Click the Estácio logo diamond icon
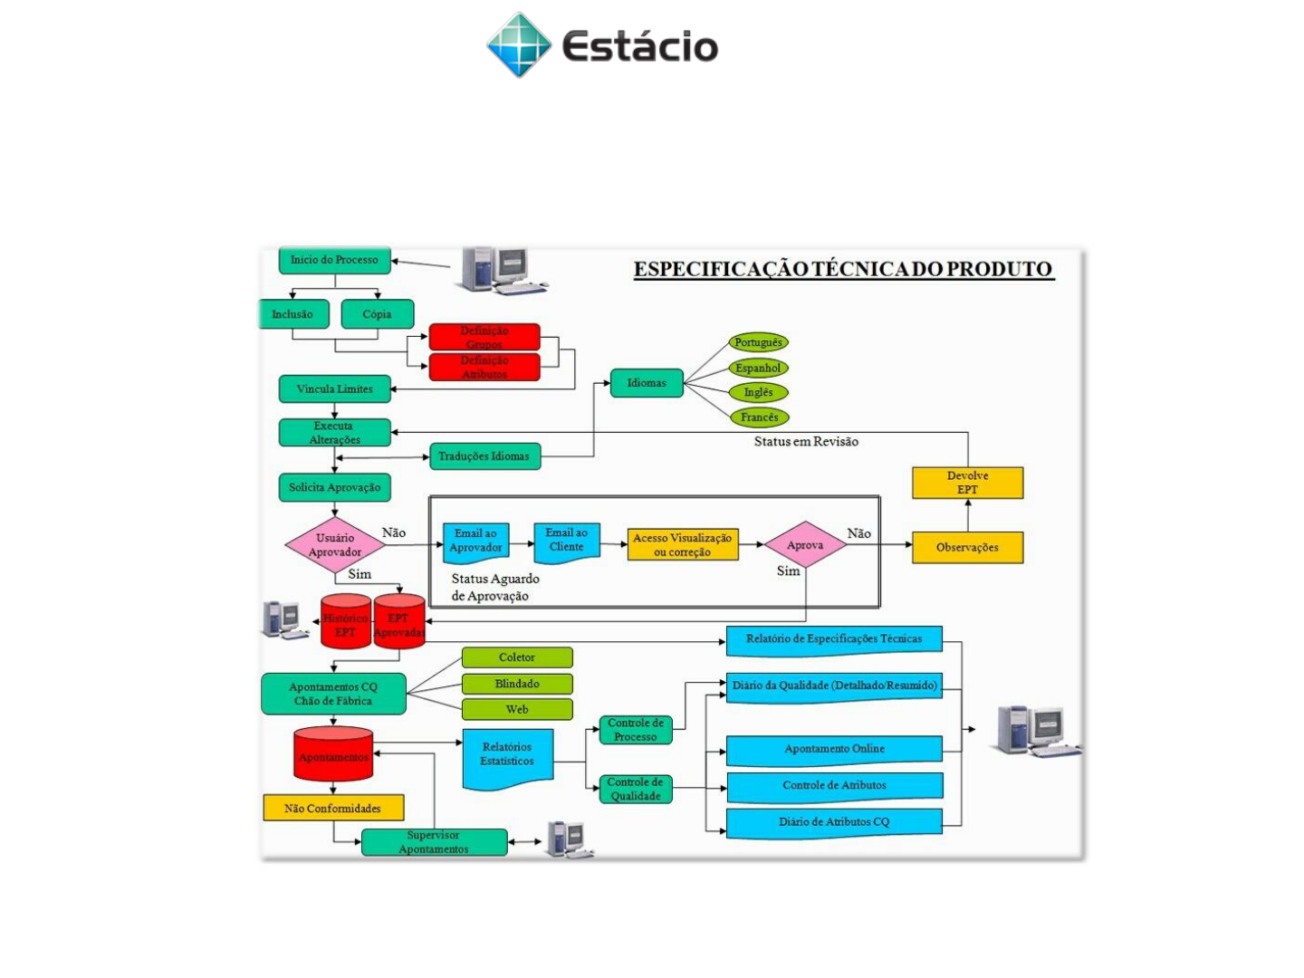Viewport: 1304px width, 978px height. tap(519, 45)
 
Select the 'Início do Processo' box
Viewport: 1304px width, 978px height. tap(334, 260)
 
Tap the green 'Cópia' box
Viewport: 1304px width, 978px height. tap(377, 314)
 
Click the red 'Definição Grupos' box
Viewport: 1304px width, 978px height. tap(484, 337)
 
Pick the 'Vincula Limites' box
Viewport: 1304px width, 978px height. tap(334, 389)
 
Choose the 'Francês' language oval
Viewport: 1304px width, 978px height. tap(759, 417)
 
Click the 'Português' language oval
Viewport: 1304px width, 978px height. tap(758, 342)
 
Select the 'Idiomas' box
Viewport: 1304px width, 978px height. tap(647, 383)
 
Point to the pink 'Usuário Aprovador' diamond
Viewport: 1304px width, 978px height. tap(334, 545)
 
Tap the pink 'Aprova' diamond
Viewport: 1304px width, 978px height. tap(805, 545)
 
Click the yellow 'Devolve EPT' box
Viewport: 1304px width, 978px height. tap(967, 483)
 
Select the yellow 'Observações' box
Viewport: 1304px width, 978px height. tap(967, 548)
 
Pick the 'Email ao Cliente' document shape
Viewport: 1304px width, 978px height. tap(567, 542)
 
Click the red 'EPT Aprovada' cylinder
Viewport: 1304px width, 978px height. tap(399, 622)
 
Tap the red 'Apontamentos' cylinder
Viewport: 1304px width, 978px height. tap(333, 754)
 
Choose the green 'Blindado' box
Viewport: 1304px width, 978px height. tap(517, 684)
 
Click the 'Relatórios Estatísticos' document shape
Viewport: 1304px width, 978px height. tap(507, 756)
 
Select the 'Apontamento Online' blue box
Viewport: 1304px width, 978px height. tap(834, 749)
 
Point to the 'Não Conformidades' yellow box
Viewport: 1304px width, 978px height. tap(332, 808)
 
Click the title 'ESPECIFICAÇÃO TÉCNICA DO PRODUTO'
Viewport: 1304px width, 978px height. tap(843, 269)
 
